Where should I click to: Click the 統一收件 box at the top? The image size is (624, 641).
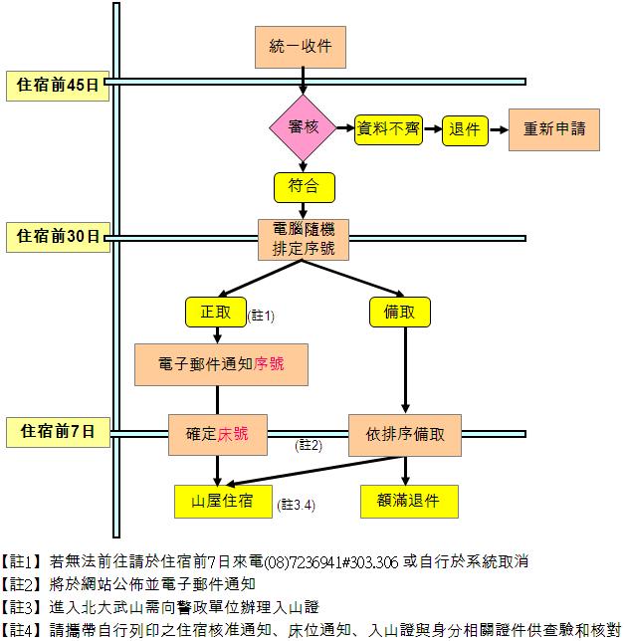301,47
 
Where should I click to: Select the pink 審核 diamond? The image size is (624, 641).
303,127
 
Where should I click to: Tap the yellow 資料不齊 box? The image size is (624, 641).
388,130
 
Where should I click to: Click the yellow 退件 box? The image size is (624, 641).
465,130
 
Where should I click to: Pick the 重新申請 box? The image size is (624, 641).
554,129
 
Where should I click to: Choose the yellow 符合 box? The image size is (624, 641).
304,187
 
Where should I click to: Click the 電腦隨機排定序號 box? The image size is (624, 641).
304,239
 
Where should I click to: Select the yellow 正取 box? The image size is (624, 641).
216,312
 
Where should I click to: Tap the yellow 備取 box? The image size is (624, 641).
400,312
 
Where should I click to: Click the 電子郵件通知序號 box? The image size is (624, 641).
221,364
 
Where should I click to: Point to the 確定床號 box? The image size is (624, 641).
218,435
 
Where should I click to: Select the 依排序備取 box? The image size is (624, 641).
405,435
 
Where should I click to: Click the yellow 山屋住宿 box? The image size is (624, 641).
223,502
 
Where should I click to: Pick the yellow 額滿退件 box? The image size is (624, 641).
409,502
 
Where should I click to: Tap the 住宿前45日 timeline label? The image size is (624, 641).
58,86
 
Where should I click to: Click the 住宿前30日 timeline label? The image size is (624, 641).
58,237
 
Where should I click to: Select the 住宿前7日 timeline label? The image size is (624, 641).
58,432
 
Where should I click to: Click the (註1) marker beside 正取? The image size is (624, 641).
261,316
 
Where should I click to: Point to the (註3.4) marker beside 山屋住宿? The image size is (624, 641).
296,505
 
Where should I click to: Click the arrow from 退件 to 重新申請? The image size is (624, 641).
499,130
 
